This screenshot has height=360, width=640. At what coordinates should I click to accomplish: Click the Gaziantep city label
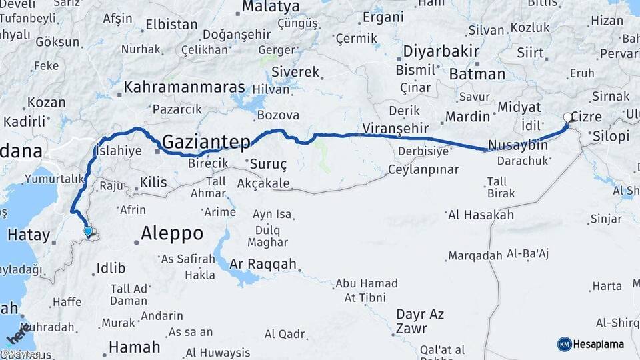[207, 141]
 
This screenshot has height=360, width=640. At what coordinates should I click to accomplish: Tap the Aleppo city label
[172, 233]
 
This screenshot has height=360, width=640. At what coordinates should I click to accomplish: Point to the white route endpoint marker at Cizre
[567, 117]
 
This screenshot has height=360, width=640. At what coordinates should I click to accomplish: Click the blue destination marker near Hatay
[89, 231]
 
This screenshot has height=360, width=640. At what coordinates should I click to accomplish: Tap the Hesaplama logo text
[598, 344]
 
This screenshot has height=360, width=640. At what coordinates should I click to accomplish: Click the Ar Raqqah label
[263, 264]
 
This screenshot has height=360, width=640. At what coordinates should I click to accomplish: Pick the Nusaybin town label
[518, 145]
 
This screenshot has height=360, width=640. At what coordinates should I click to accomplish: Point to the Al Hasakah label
[481, 215]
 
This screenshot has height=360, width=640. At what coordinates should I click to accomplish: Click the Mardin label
[467, 117]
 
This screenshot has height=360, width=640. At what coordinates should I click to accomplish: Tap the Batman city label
[477, 73]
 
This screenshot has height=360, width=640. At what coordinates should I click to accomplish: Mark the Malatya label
[270, 7]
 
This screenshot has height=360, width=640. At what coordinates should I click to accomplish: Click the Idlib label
[111, 268]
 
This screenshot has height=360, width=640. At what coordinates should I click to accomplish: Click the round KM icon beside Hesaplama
[564, 344]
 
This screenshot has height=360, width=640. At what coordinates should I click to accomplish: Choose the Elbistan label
[171, 25]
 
